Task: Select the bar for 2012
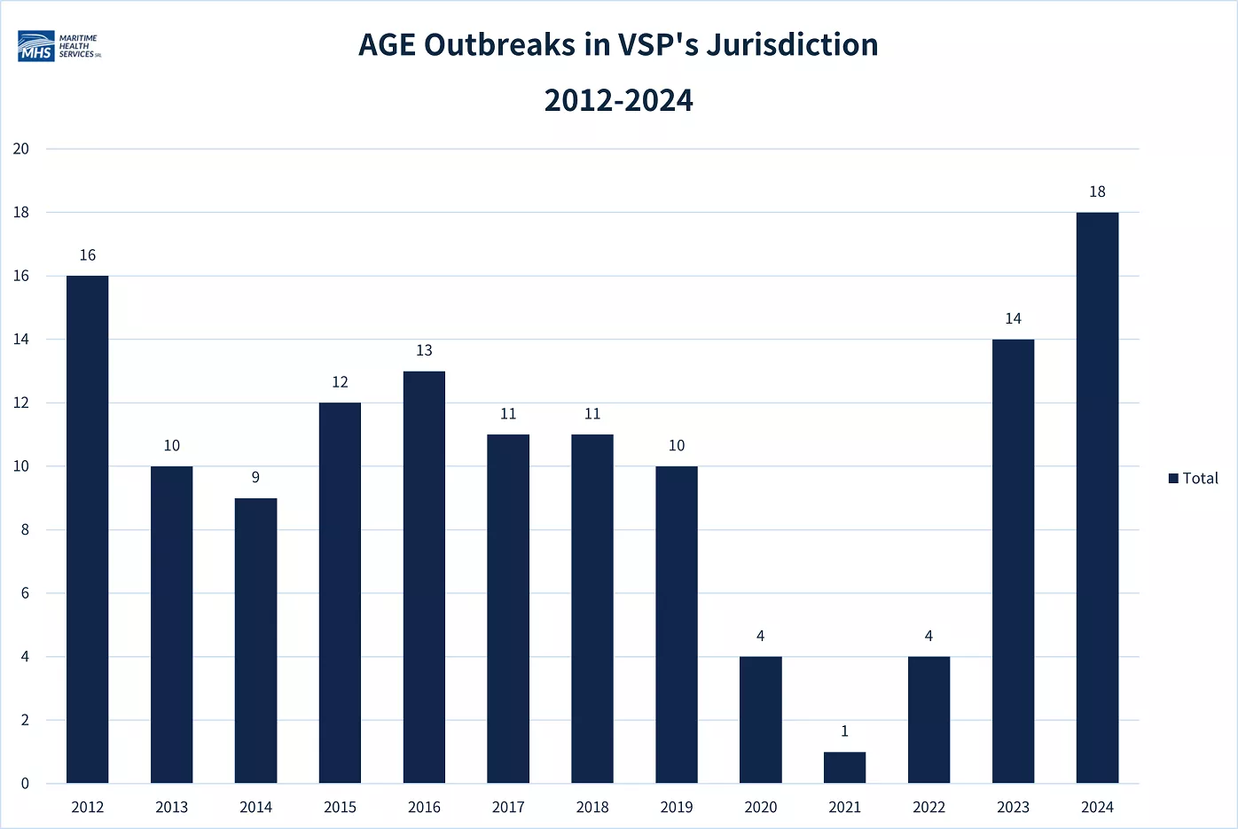tap(87, 529)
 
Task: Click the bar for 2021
tap(844, 768)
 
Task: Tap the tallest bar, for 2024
tap(1097, 497)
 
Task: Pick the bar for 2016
tap(424, 577)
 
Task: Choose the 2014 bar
tap(256, 640)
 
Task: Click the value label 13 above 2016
tap(424, 350)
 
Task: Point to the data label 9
tap(255, 477)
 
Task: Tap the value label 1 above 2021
tap(844, 731)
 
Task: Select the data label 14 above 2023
tap(1013, 318)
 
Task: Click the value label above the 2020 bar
tap(761, 636)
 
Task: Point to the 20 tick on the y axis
tap(21, 149)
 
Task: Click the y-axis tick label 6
tap(25, 593)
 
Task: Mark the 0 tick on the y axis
tap(25, 783)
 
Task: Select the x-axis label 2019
tap(677, 808)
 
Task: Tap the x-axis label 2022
tap(929, 808)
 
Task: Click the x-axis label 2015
tap(340, 808)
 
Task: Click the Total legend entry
tap(1194, 478)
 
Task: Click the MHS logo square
tap(36, 46)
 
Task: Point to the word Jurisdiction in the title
tap(792, 44)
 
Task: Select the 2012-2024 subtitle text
tap(618, 100)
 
